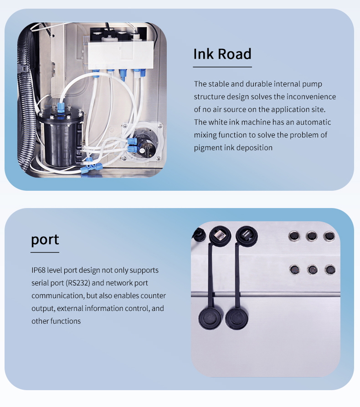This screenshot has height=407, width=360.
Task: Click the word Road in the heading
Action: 234,54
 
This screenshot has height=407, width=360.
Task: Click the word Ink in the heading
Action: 204,54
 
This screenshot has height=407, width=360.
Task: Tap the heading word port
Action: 45,240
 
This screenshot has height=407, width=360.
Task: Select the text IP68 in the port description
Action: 38,270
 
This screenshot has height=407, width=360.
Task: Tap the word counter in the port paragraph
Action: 153,295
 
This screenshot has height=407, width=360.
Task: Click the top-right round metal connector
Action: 329,236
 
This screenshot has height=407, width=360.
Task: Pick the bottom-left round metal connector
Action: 294,270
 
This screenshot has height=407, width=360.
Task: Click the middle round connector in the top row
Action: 311,236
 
